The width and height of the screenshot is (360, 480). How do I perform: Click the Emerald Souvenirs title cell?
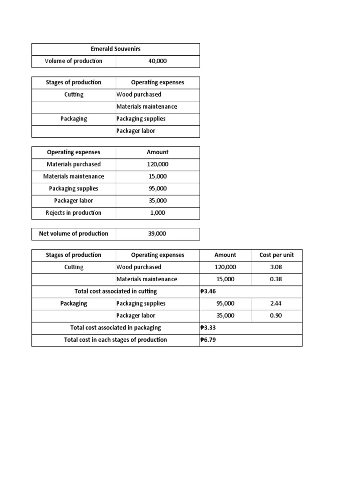pyautogui.click(x=115, y=49)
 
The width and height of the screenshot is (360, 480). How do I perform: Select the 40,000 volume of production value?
pyautogui.click(x=157, y=61)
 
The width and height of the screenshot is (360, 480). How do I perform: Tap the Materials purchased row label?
pyautogui.click(x=74, y=165)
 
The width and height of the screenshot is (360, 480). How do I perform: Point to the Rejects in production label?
pyautogui.click(x=74, y=213)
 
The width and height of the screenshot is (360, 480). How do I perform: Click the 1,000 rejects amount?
pyautogui.click(x=157, y=213)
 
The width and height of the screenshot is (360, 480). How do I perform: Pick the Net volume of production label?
pyautogui.click(x=74, y=233)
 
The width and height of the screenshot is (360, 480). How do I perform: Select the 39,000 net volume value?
pyautogui.click(x=157, y=233)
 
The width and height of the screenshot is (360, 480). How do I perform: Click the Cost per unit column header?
pyautogui.click(x=277, y=255)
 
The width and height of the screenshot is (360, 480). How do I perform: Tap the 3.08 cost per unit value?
pyautogui.click(x=276, y=267)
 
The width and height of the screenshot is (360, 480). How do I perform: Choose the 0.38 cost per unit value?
pyautogui.click(x=276, y=279)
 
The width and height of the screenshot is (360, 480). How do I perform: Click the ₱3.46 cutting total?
pyautogui.click(x=208, y=291)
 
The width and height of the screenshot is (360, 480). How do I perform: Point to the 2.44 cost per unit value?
pyautogui.click(x=276, y=304)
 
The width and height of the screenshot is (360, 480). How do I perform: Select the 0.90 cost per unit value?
pyautogui.click(x=276, y=316)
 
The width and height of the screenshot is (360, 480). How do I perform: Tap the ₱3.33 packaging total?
pyautogui.click(x=208, y=328)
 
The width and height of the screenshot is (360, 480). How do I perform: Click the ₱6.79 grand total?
pyautogui.click(x=208, y=340)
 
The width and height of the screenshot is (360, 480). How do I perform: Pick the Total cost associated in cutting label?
pyautogui.click(x=115, y=291)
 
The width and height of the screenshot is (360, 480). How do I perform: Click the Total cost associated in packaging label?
pyautogui.click(x=115, y=328)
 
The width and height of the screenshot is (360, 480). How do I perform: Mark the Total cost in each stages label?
pyautogui.click(x=115, y=340)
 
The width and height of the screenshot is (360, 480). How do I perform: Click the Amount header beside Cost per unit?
pyautogui.click(x=225, y=255)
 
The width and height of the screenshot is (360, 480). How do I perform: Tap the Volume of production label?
pyautogui.click(x=74, y=61)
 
